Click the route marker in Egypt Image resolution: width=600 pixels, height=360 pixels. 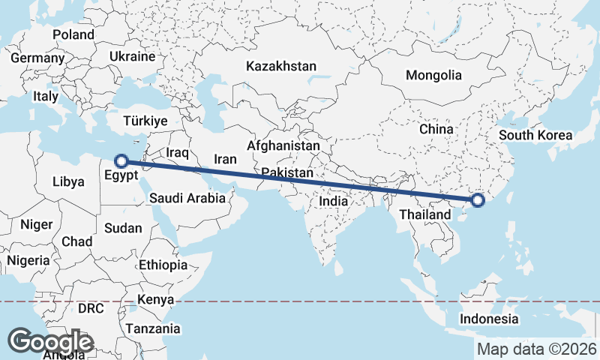pyautogui.click(x=120, y=160)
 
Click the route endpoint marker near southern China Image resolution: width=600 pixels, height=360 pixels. pyautogui.click(x=478, y=200)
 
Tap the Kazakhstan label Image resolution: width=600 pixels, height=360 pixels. pyautogui.click(x=281, y=66)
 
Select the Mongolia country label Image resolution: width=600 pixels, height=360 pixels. pyautogui.click(x=433, y=75)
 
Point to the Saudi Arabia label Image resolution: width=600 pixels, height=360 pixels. pyautogui.click(x=187, y=198)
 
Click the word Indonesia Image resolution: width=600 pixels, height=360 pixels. pyautogui.click(x=489, y=319)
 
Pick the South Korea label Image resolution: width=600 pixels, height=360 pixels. pyautogui.click(x=535, y=136)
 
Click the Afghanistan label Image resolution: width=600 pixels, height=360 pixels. pyautogui.click(x=283, y=145)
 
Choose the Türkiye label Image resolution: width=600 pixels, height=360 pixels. pyautogui.click(x=145, y=121)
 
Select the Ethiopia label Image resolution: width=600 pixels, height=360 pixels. pyautogui.click(x=163, y=265)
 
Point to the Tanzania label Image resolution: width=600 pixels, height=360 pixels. pyautogui.click(x=153, y=328)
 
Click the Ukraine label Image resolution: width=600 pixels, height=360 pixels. pyautogui.click(x=132, y=56)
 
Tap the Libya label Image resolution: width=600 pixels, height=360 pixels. pyautogui.click(x=69, y=181)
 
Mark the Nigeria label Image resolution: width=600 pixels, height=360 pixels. pyautogui.click(x=28, y=260)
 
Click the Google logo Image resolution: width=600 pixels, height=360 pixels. pyautogui.click(x=50, y=341)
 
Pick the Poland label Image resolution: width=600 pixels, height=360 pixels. pyautogui.click(x=73, y=34)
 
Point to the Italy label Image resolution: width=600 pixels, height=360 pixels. pyautogui.click(x=46, y=96)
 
